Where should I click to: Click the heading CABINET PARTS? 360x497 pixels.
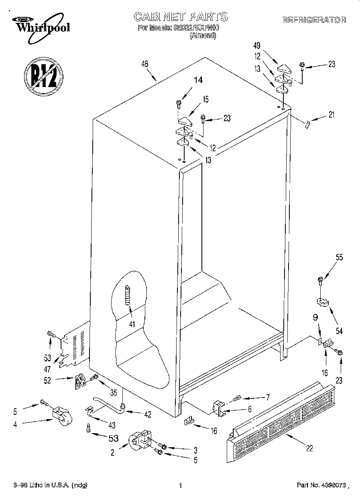coord(180,16)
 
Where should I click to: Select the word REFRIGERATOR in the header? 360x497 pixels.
coord(314,20)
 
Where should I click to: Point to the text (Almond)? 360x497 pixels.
coord(203,35)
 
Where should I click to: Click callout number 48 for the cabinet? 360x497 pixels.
coord(145,63)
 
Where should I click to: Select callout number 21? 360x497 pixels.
coord(331,115)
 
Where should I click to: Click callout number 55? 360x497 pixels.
coord(339,258)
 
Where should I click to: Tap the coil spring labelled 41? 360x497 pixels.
coord(128,295)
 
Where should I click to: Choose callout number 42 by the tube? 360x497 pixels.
coord(148,415)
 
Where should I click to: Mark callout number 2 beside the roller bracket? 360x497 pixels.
coord(113,452)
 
